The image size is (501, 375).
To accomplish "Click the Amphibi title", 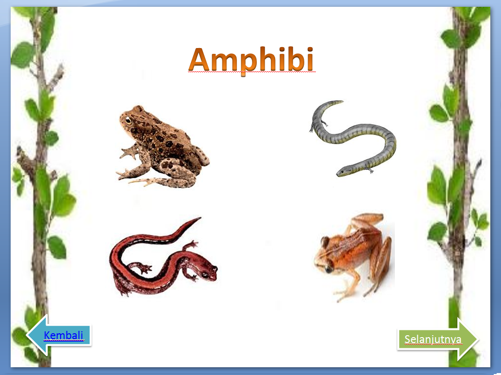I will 251,61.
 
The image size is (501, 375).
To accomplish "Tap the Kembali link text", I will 63,335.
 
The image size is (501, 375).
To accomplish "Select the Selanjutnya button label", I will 433,339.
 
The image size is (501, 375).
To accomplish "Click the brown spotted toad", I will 162,148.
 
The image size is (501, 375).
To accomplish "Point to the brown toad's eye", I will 128,120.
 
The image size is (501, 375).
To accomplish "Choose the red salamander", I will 160,260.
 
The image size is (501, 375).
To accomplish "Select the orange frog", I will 354,255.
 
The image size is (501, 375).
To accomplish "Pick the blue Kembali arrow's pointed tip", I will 28,335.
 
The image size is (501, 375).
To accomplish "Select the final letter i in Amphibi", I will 308,60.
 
